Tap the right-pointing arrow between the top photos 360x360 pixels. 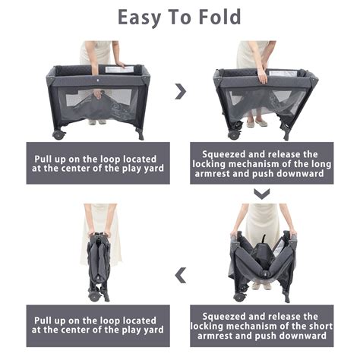[180, 91]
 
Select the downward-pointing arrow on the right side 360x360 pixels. [261, 194]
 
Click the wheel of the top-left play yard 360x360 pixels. [58, 135]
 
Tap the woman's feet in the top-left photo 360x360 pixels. [96, 122]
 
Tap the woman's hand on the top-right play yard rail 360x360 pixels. [262, 76]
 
